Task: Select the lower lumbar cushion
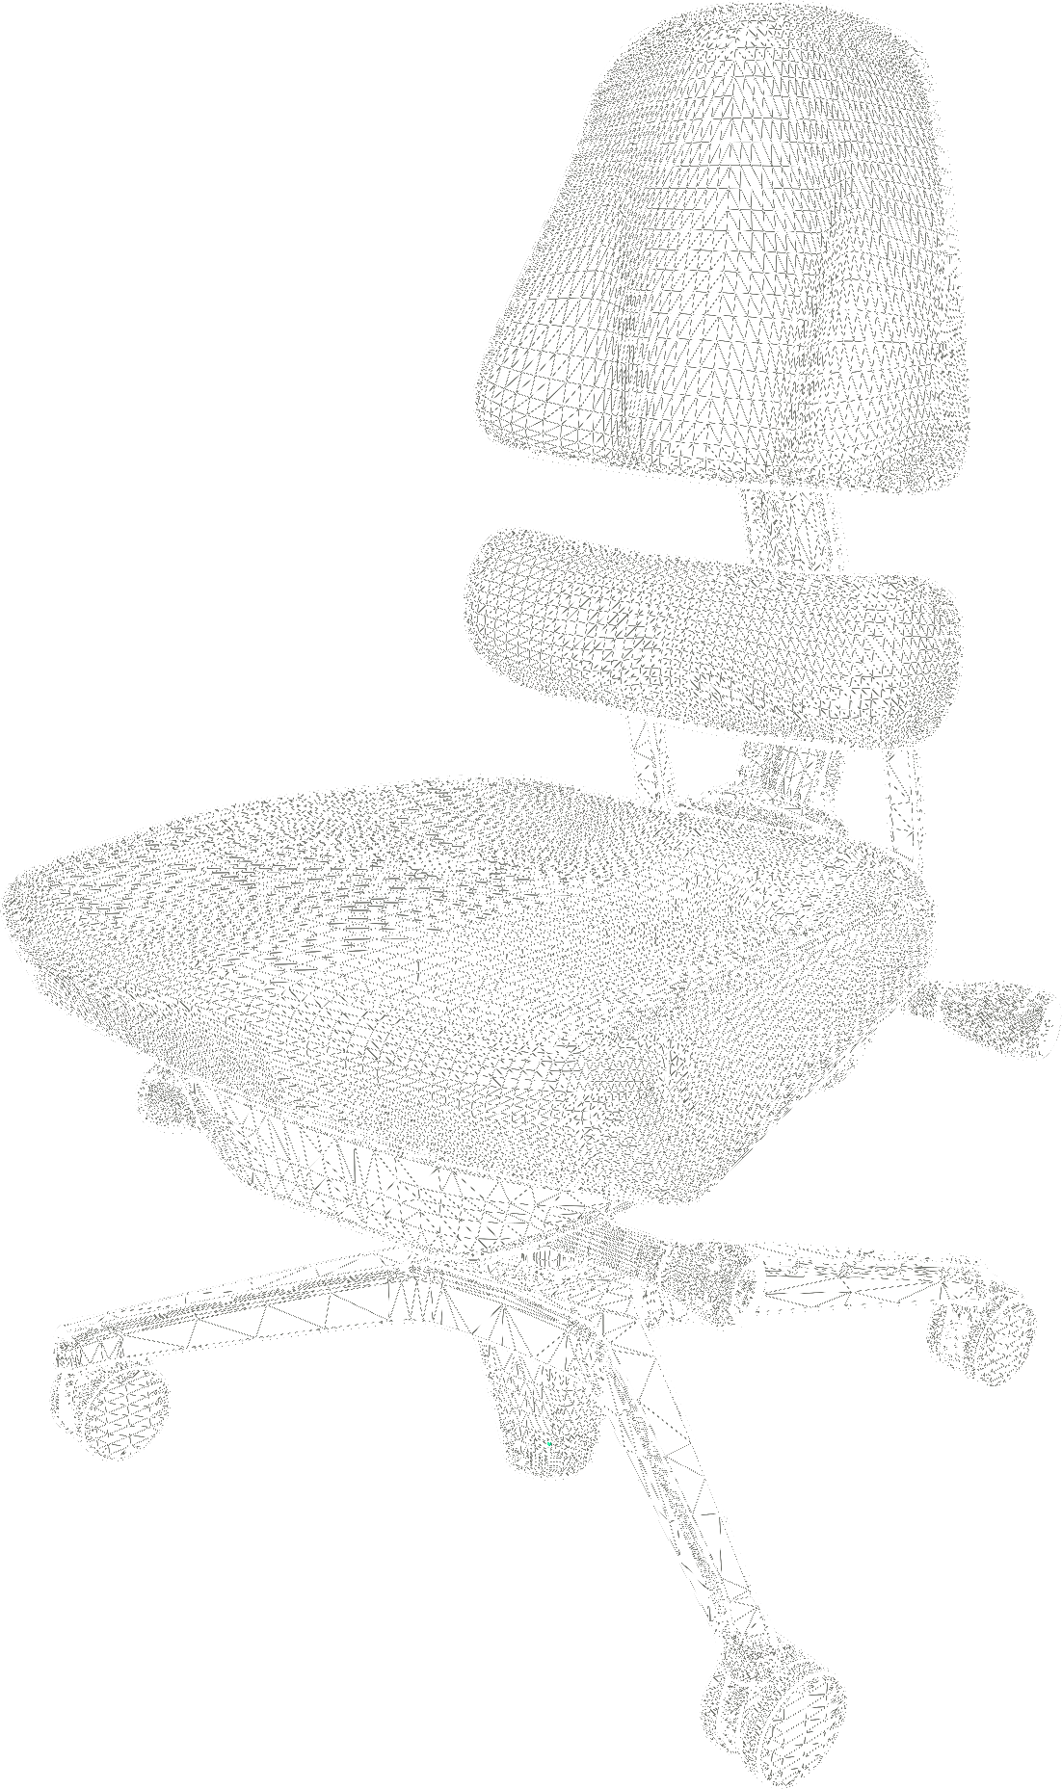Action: [x=713, y=636]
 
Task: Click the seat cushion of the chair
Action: [x=463, y=963]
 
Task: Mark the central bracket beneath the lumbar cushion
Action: [x=785, y=771]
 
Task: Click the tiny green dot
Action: [x=549, y=1444]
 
